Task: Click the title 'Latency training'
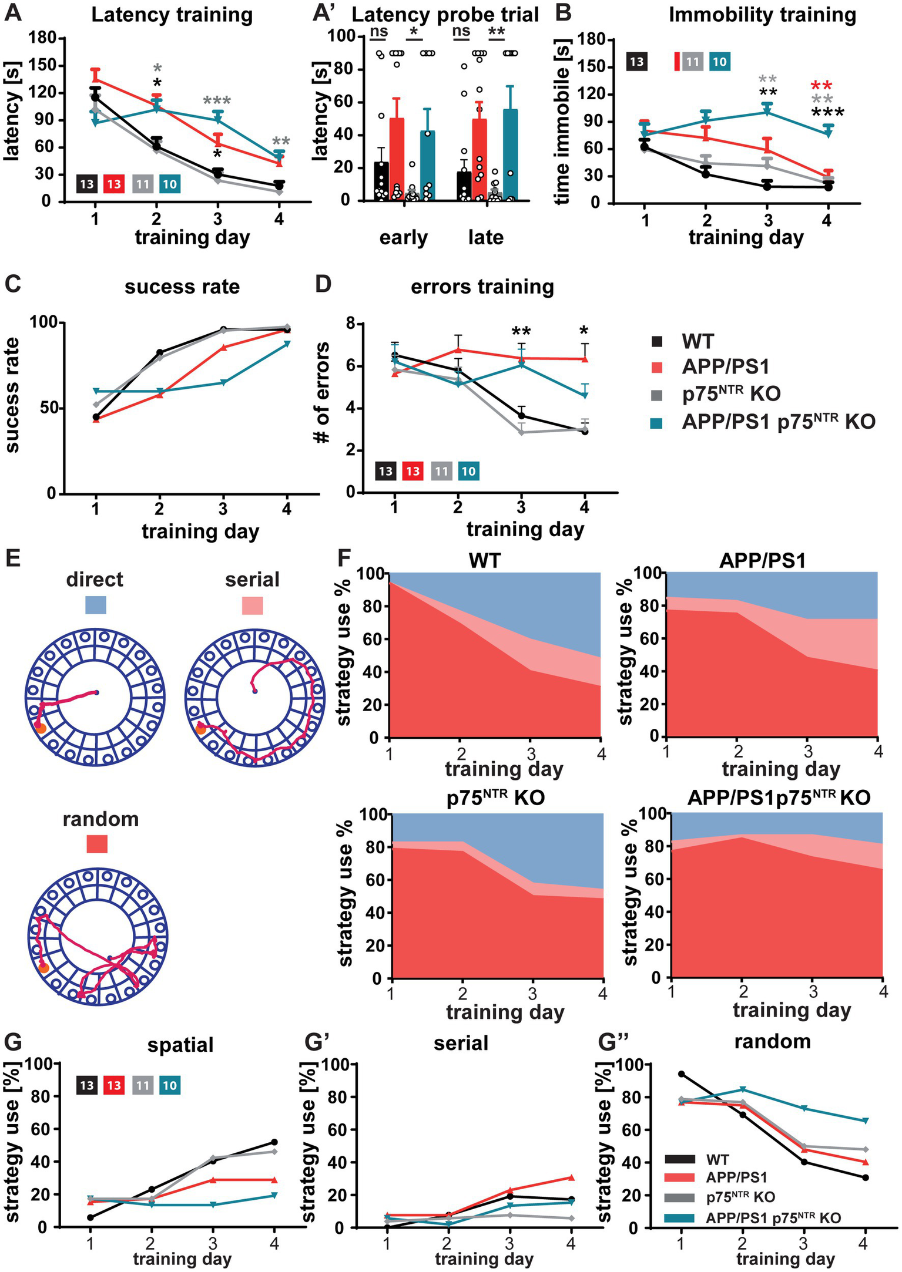coord(172,15)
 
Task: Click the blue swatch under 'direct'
coord(95,604)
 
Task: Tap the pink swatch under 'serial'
coord(252,605)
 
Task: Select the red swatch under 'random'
coord(97,844)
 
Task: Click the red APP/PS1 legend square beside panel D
coord(657,368)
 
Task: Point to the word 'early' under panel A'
coord(403,238)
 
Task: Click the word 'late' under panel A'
coord(485,238)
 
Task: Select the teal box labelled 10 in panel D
coord(468,471)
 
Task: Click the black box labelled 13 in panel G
coord(87,1085)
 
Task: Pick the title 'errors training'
coord(482,287)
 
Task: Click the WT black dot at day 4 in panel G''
coord(866,1177)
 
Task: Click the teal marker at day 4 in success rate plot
coord(287,344)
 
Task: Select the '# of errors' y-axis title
coord(323,393)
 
